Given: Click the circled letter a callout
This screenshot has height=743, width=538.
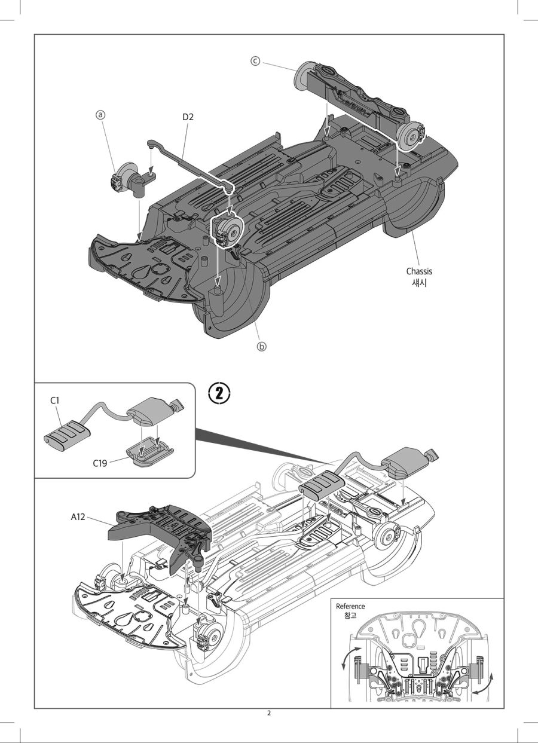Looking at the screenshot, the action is [100, 115].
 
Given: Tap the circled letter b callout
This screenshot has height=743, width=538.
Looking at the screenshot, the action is [262, 347].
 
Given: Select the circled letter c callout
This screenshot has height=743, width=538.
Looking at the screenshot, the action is [255, 62].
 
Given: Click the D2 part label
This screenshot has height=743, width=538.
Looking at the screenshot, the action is [188, 117].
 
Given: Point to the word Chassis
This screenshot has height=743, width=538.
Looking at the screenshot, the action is [419, 271].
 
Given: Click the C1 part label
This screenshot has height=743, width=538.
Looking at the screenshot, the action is [55, 400].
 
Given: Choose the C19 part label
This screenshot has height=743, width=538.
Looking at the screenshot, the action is [100, 463].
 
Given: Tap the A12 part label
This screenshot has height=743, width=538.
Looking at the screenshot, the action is [78, 517].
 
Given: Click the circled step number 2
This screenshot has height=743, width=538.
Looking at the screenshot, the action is [219, 394].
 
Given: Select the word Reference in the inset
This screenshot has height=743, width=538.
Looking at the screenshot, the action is [350, 606].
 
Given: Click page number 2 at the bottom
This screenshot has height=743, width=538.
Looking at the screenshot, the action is [269, 713].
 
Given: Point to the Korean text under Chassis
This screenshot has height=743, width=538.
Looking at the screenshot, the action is [419, 283].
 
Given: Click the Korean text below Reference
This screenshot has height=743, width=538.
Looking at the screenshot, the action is [350, 616].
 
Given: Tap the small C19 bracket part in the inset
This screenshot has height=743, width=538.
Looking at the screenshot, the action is [150, 452].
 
